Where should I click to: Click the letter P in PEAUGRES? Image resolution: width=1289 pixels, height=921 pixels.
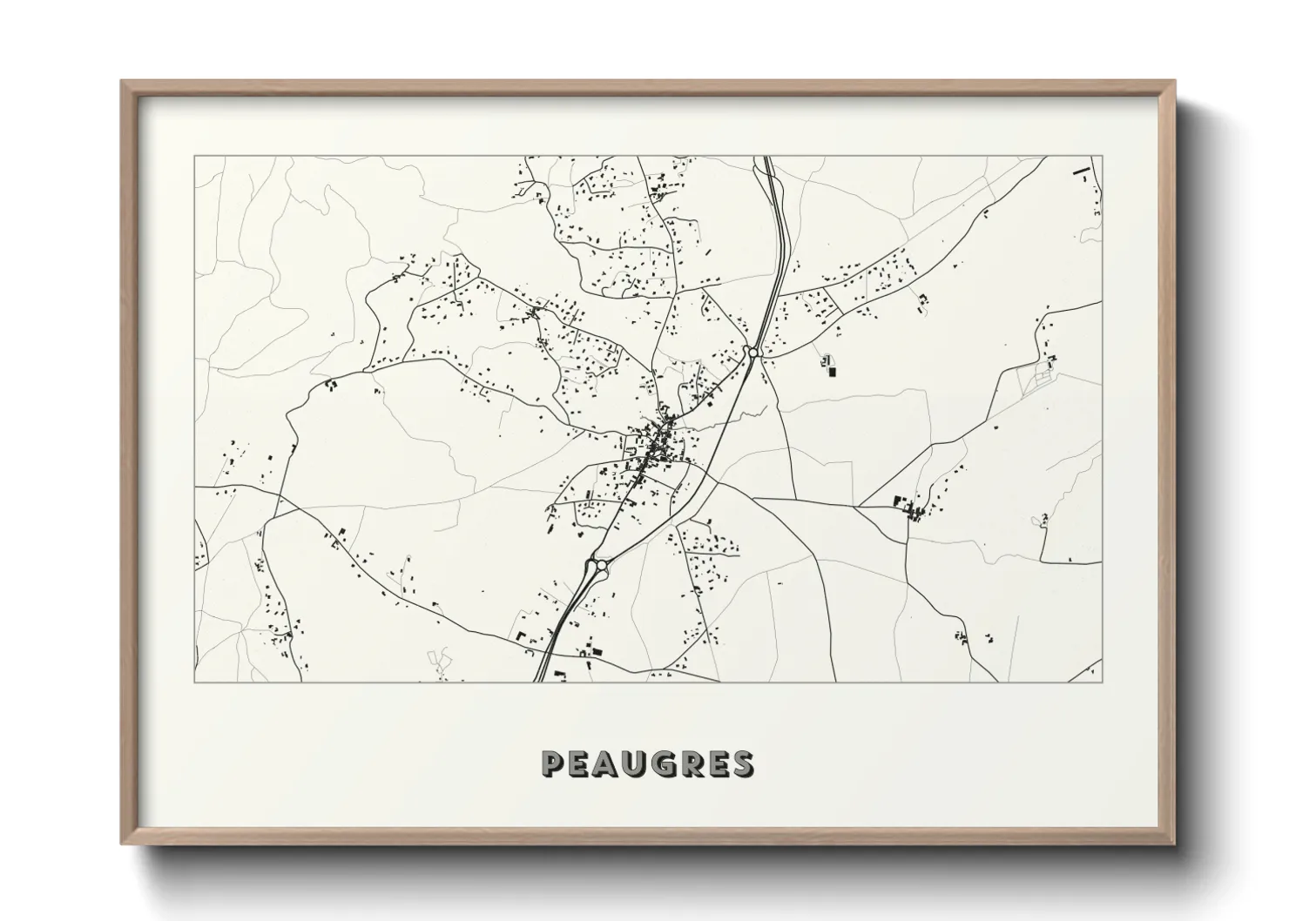(553, 763)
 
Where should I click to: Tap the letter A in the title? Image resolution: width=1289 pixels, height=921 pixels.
(609, 763)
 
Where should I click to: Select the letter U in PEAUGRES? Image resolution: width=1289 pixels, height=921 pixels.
(638, 763)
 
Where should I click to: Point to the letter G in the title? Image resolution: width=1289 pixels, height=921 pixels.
(669, 763)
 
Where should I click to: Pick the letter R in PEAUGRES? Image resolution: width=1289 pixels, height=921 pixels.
(698, 763)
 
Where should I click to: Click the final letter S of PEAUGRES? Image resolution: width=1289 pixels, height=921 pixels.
(743, 763)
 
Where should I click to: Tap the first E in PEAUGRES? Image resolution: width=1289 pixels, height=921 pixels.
(581, 763)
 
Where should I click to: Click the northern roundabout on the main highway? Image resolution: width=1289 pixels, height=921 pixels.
(750, 352)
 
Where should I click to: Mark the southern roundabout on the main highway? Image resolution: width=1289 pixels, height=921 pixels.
(600, 566)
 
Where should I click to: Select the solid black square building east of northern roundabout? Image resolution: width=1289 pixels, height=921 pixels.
(831, 372)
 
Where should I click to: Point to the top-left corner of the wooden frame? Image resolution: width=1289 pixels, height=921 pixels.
(123, 82)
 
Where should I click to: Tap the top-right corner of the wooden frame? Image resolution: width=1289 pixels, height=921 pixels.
(1173, 82)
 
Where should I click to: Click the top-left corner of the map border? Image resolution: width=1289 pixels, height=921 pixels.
(194, 157)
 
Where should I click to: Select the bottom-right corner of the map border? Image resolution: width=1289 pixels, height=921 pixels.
(1102, 682)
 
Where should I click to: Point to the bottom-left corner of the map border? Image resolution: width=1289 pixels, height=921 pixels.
(194, 682)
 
